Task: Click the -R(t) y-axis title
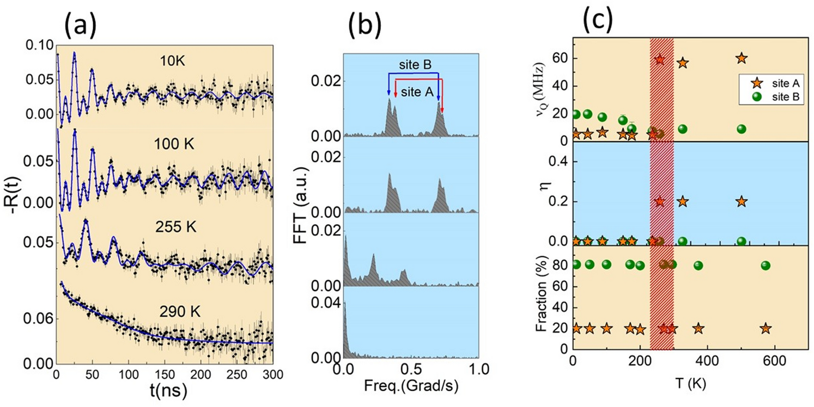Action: click(17, 206)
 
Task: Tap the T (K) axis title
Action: click(690, 384)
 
